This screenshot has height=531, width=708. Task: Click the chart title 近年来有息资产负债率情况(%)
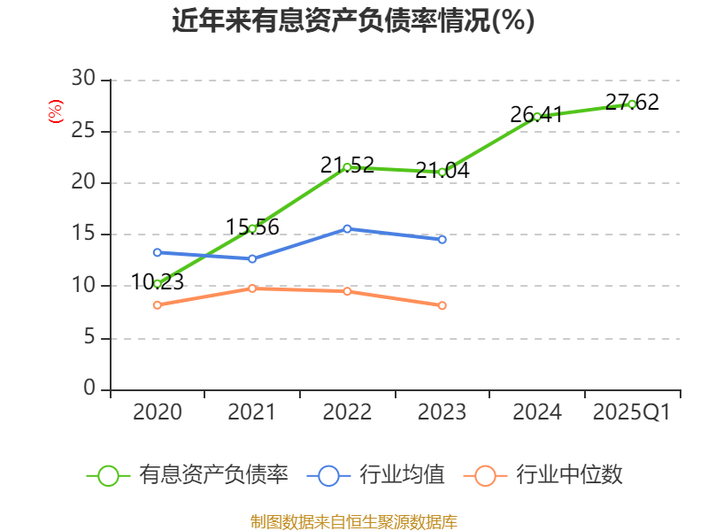point(353,20)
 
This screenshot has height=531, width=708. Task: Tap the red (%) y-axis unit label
point(56,112)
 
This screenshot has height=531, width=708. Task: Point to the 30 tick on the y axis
point(83,80)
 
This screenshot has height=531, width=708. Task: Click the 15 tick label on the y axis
point(83,235)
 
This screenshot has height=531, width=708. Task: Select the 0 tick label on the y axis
point(88,389)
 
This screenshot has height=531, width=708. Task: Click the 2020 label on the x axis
point(158,412)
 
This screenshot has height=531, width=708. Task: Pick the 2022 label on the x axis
point(347,412)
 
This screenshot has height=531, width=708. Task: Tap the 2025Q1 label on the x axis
point(631,412)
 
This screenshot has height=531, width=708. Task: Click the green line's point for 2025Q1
point(632,104)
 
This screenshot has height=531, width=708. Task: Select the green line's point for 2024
point(537,117)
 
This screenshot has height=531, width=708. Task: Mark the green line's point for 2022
point(347,167)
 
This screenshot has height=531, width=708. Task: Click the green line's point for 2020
point(158,284)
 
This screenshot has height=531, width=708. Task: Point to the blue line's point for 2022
point(347,229)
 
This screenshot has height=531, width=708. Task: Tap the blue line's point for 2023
point(442,240)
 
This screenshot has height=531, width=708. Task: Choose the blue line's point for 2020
point(158,252)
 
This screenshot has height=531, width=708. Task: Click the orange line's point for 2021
point(252,289)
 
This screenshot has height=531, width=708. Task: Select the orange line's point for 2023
point(442,306)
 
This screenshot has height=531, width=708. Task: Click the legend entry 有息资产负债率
point(188,475)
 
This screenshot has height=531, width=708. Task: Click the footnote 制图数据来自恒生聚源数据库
point(353,521)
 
